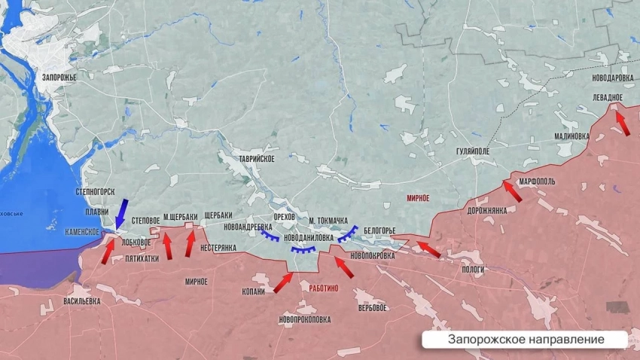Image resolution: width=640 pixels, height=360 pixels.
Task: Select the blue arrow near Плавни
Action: point(120,213)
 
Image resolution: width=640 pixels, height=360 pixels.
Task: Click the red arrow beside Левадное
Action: point(621,122)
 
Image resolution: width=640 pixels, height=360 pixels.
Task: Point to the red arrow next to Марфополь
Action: point(512,190)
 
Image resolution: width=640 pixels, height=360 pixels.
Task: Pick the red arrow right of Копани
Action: point(283,282)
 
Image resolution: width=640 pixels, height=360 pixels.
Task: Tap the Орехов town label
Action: point(284,218)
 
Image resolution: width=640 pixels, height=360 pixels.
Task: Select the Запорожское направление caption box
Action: point(526,340)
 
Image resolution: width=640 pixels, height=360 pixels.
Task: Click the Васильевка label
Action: point(81,301)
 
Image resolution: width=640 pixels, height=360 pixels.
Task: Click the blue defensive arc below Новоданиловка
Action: point(303,250)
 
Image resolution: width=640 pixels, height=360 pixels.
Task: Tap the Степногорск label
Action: point(95,192)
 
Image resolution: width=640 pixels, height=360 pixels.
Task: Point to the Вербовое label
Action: point(373,308)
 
